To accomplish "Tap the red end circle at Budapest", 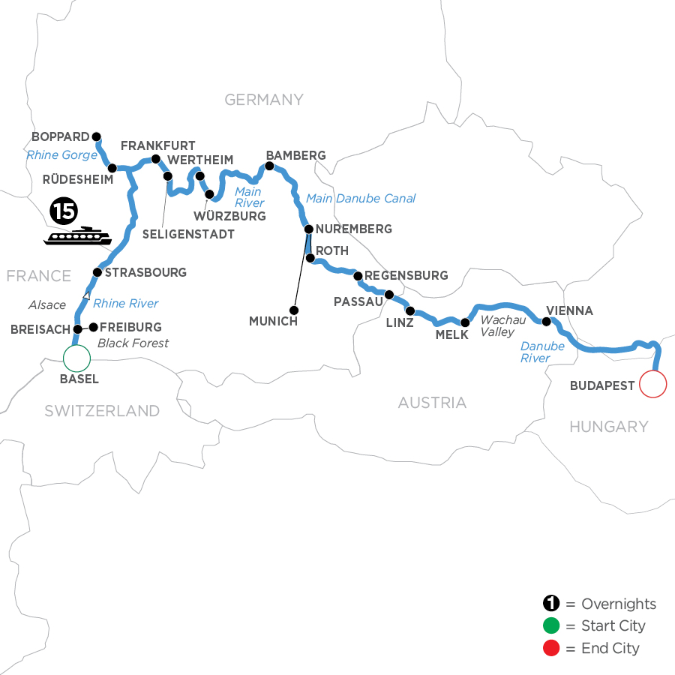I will pyautogui.click(x=652, y=385).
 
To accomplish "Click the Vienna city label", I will pyautogui.click(x=570, y=310).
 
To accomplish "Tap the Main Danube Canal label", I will pyautogui.click(x=360, y=199).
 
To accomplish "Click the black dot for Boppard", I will pyautogui.click(x=96, y=136).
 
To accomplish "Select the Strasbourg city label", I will pyautogui.click(x=146, y=272).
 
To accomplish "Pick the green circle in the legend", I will pyautogui.click(x=550, y=626).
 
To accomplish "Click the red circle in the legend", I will pyautogui.click(x=550, y=648).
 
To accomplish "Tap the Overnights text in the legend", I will pyautogui.click(x=619, y=604).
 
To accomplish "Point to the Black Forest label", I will pyautogui.click(x=133, y=343).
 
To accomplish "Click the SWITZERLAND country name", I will pyautogui.click(x=102, y=410).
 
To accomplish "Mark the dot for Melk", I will pyautogui.click(x=464, y=322).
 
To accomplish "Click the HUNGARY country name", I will pyautogui.click(x=608, y=427).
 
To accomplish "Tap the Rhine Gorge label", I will pyautogui.click(x=61, y=155).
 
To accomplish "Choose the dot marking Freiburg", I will pyautogui.click(x=94, y=327).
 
